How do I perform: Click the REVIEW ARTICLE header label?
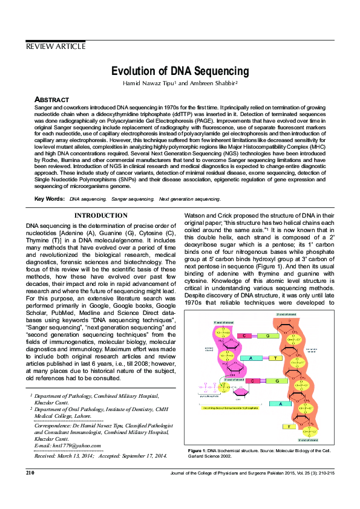pos(56,47)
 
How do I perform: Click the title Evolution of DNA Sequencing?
pos(180,71)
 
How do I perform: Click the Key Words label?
pos(50,199)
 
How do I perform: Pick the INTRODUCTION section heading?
pos(100,215)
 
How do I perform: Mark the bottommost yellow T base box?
pos(289,427)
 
